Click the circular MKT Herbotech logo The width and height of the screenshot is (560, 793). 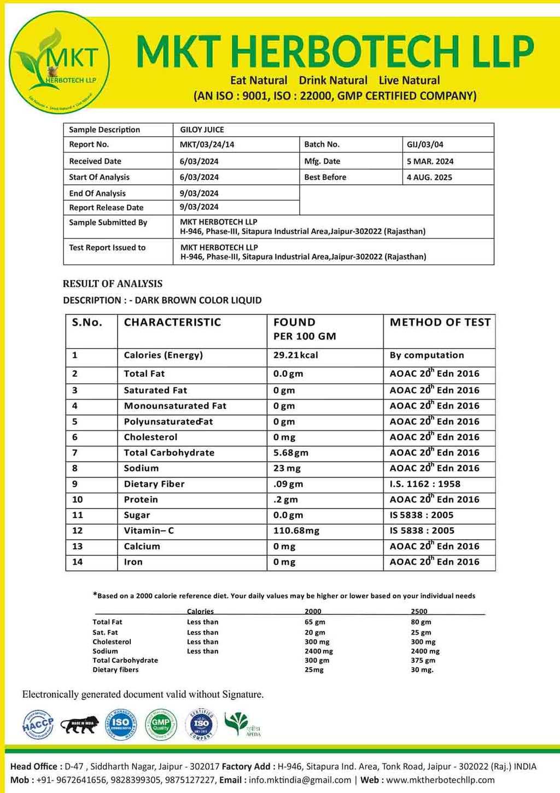click(x=60, y=62)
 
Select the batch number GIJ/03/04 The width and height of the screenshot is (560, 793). click(x=425, y=145)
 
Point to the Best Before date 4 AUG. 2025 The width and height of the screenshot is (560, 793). click(x=429, y=177)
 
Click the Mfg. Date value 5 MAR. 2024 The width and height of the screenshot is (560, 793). click(x=430, y=161)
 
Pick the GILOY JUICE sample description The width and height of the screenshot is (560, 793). click(x=202, y=130)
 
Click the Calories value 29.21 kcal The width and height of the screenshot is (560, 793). click(x=295, y=355)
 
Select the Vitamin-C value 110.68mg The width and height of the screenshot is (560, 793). click(x=296, y=530)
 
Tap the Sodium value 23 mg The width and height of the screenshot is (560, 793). click(x=287, y=468)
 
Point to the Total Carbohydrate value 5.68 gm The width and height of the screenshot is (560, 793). click(x=291, y=453)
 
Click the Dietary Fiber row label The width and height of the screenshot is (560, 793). click(x=154, y=484)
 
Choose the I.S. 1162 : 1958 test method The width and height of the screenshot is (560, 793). click(x=425, y=484)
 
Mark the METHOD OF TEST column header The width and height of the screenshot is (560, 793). click(x=440, y=323)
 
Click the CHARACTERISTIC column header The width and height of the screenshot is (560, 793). click(x=172, y=323)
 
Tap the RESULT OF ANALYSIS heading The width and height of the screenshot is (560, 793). click(x=113, y=284)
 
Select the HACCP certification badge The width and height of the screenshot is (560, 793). click(x=38, y=725)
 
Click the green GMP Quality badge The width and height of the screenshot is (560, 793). click(x=161, y=725)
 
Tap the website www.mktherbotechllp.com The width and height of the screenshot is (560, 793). click(x=440, y=780)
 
